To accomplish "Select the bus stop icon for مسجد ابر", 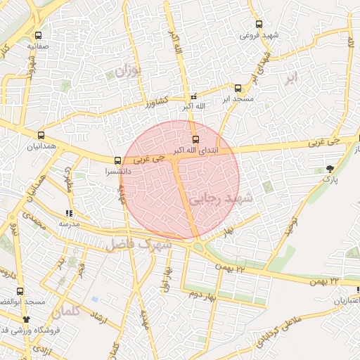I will coord(238,89).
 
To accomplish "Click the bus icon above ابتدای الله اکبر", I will coord(196,139).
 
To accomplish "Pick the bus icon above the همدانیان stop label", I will coord(41,136).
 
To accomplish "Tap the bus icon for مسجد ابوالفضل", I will coord(21,290).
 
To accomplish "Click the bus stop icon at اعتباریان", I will coord(354,290).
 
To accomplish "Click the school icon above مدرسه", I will coord(69,212).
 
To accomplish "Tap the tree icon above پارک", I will coord(330,167).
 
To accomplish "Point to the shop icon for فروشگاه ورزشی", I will coord(26,319).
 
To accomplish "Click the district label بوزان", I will coord(127,71).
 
